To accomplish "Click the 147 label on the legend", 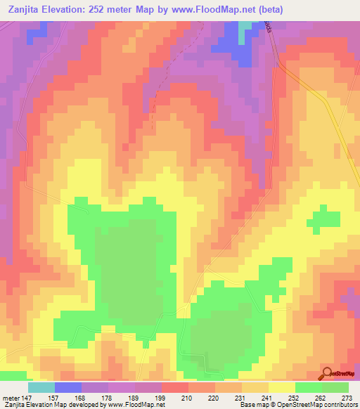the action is click(26, 398).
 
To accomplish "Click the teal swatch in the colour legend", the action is click(41, 387).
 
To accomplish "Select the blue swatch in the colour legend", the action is click(68, 387).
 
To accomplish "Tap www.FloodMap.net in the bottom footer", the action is click(134, 405).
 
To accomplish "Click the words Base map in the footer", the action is click(252, 405).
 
